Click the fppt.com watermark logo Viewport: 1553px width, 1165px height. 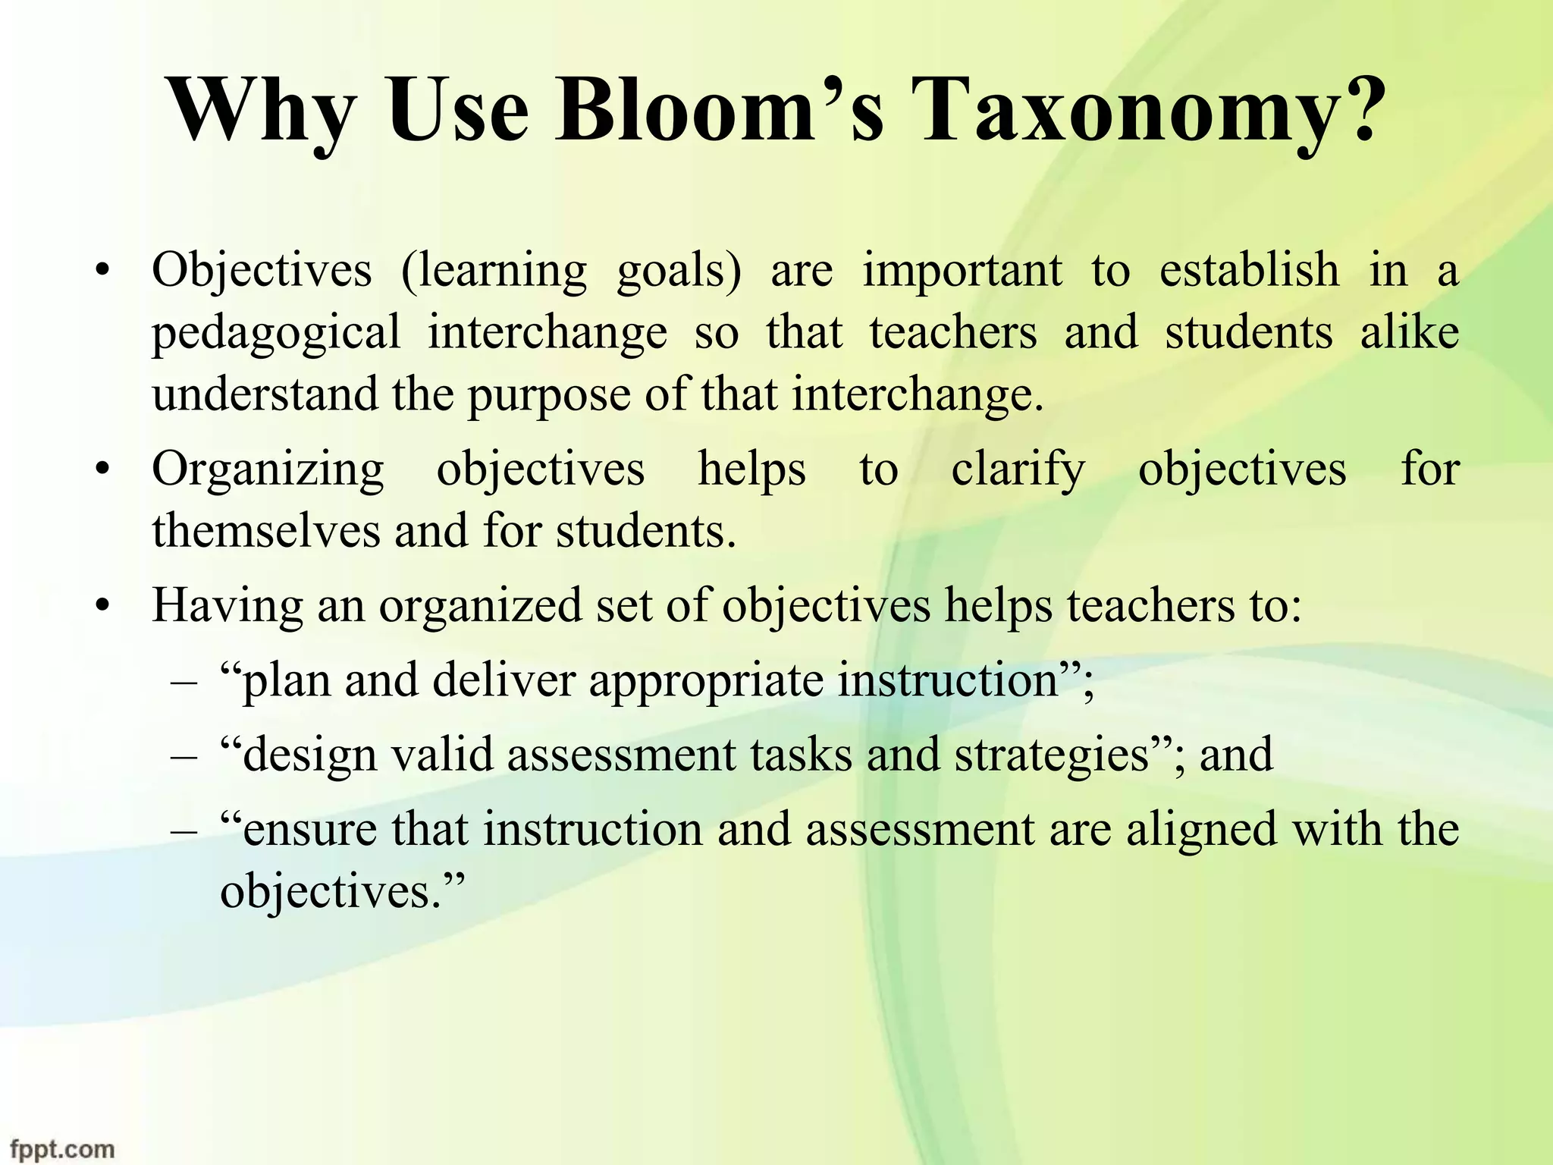(62, 1148)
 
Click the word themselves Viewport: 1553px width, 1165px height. (266, 530)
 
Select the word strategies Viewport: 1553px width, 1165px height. (1053, 756)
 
